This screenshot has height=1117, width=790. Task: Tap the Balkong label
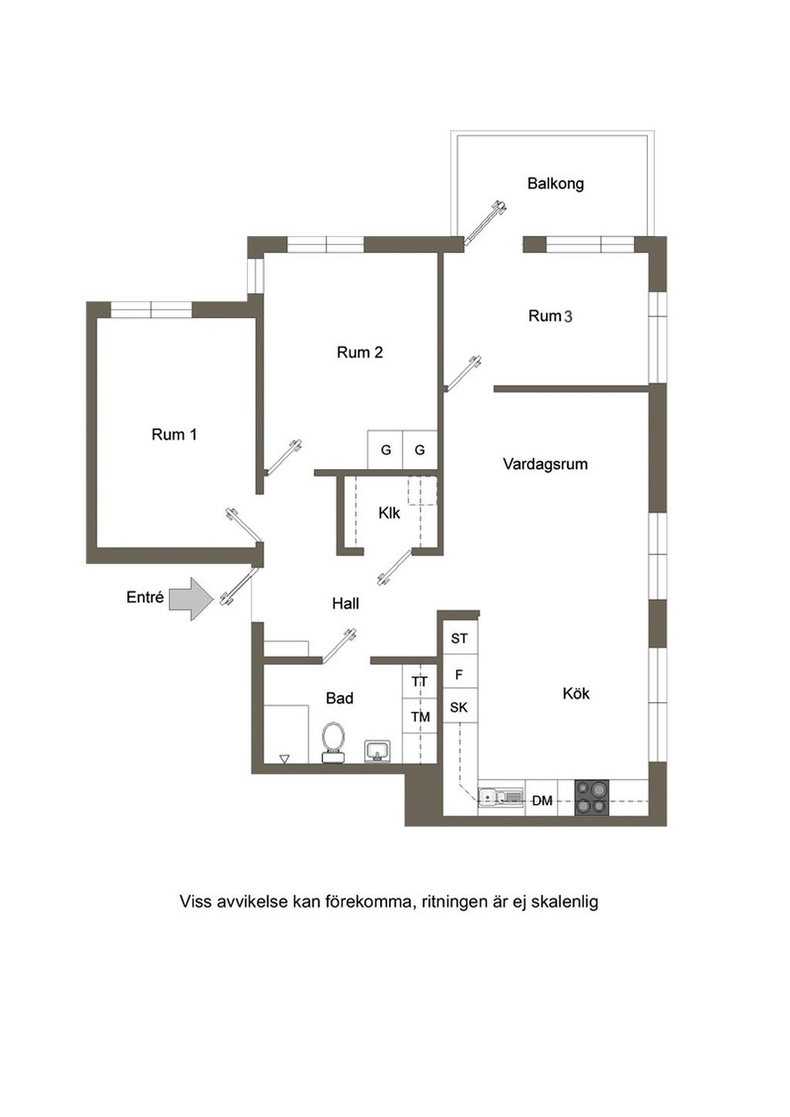click(x=555, y=184)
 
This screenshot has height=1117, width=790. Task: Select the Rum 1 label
click(x=174, y=434)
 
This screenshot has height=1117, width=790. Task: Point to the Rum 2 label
click(x=360, y=353)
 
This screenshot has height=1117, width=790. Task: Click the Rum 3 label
click(x=550, y=316)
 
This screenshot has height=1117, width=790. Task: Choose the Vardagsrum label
click(x=545, y=464)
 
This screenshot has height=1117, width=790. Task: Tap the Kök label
click(x=576, y=693)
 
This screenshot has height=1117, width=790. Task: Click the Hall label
click(x=346, y=604)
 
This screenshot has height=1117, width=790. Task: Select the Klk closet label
click(x=389, y=513)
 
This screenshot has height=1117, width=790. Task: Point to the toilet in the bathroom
click(x=333, y=743)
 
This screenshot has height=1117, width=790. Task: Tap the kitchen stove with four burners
click(x=592, y=798)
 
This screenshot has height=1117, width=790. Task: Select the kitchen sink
click(x=501, y=797)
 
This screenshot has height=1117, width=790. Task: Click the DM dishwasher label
click(x=542, y=801)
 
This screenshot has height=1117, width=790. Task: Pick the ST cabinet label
click(x=459, y=638)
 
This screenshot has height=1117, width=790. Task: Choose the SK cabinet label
click(x=459, y=707)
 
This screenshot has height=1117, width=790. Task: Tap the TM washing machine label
click(x=420, y=717)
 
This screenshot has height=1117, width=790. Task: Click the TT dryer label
click(x=420, y=681)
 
